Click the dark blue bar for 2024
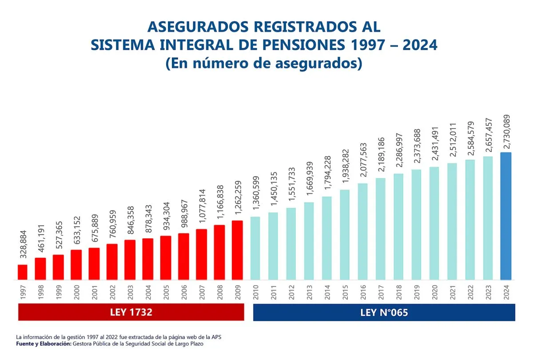click(506, 216)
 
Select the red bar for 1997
click(23, 272)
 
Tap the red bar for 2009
click(238, 250)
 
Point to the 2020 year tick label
click(434, 292)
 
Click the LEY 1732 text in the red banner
click(131, 312)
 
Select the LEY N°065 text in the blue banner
click(384, 312)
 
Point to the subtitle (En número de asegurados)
click(264, 64)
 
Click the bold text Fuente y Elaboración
click(44, 344)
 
